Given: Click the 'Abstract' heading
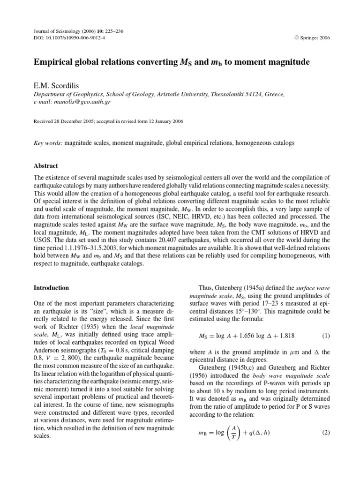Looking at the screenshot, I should tap(45, 165).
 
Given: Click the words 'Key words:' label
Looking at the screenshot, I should tap(49, 143).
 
